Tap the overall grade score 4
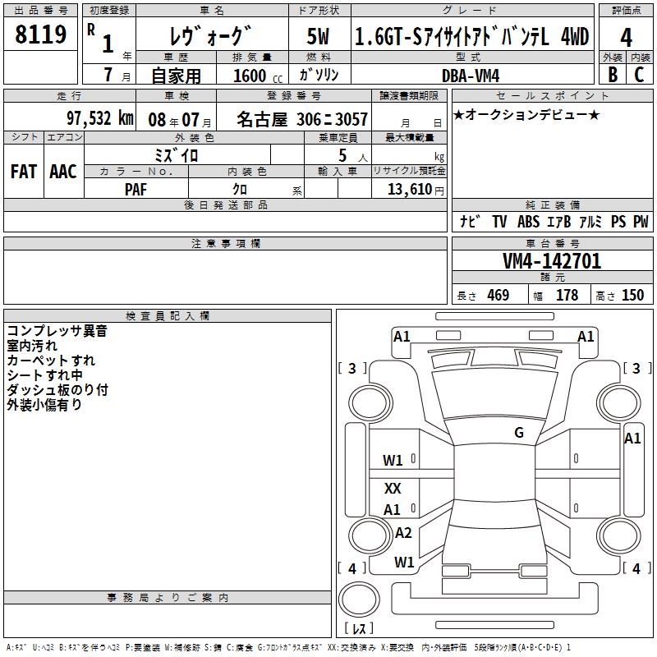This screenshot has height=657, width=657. point(626,38)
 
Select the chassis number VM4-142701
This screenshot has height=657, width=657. point(551,261)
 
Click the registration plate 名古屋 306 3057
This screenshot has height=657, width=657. point(301,119)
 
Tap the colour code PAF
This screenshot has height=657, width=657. point(136,188)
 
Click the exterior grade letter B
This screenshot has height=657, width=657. point(612,74)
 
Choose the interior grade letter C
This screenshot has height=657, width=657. point(639,74)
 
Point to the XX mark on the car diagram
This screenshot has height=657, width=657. point(393,489)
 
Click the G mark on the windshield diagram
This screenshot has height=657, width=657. point(519,433)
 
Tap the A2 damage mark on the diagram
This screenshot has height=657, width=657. point(403,533)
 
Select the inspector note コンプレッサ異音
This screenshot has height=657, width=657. point(57,332)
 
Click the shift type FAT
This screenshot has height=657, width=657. point(24,171)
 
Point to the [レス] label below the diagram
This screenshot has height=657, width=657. point(359,629)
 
